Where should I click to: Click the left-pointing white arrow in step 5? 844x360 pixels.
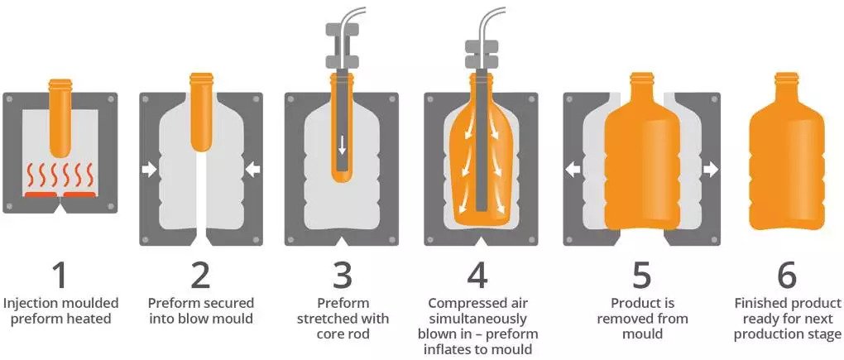click(x=571, y=170)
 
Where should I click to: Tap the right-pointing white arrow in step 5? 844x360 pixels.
click(x=710, y=170)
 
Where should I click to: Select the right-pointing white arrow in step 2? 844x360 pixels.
click(x=150, y=170)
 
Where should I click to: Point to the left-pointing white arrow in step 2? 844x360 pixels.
click(x=252, y=170)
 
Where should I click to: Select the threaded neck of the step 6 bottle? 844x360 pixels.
click(x=787, y=80)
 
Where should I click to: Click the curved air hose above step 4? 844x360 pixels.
click(x=496, y=21)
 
